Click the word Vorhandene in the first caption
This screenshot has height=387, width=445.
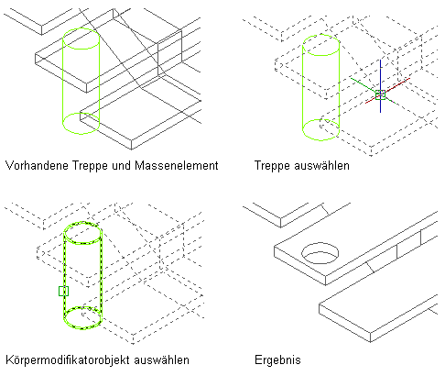(x=37, y=166)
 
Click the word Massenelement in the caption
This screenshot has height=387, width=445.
(x=177, y=166)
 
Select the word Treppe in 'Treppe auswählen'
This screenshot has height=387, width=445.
(x=272, y=166)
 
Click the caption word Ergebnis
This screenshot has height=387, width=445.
(x=277, y=360)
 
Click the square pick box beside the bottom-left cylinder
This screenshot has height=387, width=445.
(x=63, y=291)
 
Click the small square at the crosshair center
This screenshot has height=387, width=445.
(x=380, y=94)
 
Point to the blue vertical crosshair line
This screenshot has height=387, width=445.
(x=380, y=86)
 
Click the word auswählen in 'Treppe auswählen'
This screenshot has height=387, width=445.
(x=321, y=166)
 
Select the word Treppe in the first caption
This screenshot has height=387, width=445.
(x=90, y=166)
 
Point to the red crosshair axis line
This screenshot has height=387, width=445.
(x=387, y=91)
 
